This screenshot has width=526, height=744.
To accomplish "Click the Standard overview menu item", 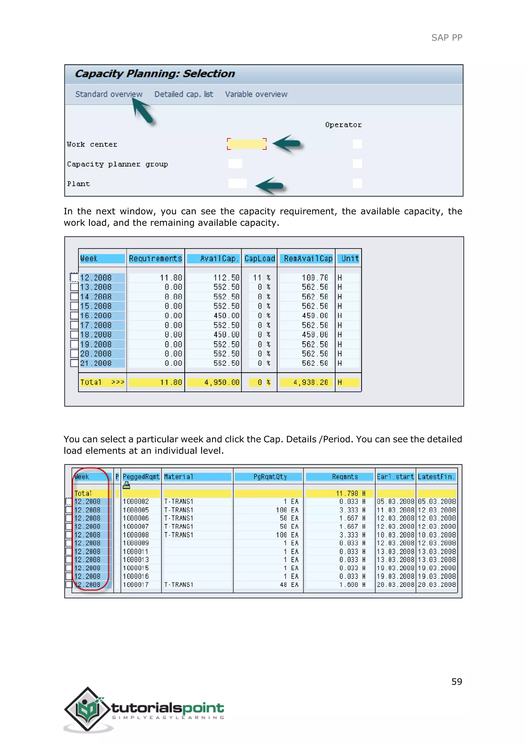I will pos(109,94).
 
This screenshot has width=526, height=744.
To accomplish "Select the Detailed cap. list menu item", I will pos(184,94).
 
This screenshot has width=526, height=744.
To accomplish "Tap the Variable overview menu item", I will pos(256,94).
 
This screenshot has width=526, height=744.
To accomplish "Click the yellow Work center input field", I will pos(247,144).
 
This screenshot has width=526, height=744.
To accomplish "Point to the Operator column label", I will pos(343,125).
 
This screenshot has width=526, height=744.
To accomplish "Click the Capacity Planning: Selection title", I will pos(155,73).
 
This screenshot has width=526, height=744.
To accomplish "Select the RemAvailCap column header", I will pos(308,259).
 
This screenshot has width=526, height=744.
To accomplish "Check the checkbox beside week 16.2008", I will pos(74,316).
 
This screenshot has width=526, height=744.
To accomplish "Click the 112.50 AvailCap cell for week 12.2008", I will pos(226,278).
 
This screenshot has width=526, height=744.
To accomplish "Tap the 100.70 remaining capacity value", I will pos(315,278).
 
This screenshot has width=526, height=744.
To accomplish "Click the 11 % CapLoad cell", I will pos(261,278).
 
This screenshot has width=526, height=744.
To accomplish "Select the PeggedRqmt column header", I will pos(141,477).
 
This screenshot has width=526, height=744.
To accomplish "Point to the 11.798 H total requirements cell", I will pos(350,493).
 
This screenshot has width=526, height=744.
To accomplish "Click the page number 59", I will pos(456,682).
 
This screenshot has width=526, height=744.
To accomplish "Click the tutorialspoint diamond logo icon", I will pos(87,709).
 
